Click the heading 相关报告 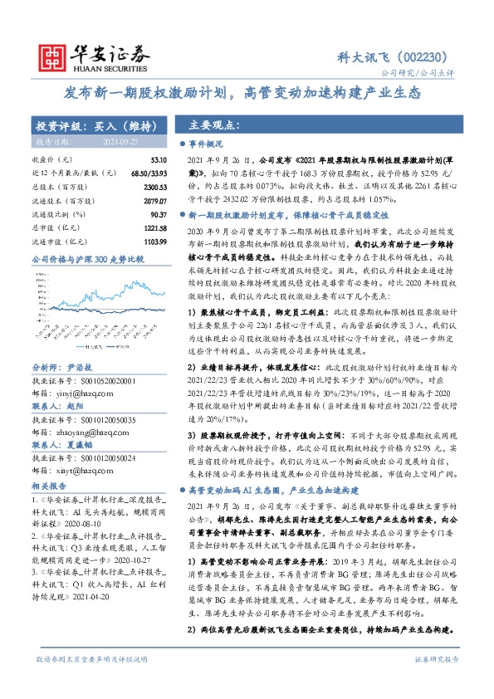[50, 483]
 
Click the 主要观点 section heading [214, 126]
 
